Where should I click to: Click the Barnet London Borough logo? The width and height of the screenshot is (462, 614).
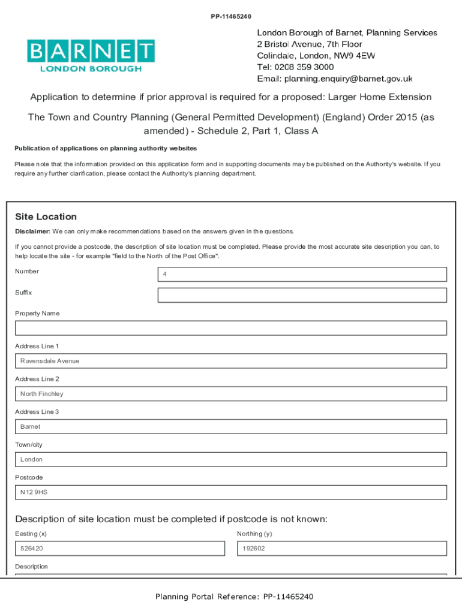(x=91, y=56)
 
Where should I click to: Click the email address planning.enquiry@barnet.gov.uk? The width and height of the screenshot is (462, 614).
(x=348, y=79)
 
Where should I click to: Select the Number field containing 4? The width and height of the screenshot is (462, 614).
(x=302, y=274)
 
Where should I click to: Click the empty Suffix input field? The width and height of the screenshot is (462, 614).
(x=302, y=295)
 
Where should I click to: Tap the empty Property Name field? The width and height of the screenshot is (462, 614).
(x=230, y=328)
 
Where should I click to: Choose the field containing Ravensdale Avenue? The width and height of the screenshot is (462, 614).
(x=230, y=361)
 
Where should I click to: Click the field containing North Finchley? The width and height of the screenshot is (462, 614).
(x=230, y=394)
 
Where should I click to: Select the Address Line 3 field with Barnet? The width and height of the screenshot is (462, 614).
(x=230, y=426)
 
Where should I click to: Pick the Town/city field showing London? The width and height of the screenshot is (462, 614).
(x=230, y=459)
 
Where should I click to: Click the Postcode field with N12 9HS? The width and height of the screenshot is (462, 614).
(x=230, y=492)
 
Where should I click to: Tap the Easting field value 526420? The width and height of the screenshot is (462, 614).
(x=119, y=549)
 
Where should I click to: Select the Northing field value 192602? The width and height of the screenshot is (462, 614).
(x=342, y=549)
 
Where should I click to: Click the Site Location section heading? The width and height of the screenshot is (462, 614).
(x=46, y=216)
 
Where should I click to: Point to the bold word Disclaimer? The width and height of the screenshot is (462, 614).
(x=32, y=231)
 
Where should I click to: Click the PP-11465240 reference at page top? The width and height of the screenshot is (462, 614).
(x=231, y=16)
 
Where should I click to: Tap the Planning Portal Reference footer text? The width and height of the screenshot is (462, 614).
(x=234, y=597)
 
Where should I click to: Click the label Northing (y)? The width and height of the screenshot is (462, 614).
(x=254, y=534)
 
